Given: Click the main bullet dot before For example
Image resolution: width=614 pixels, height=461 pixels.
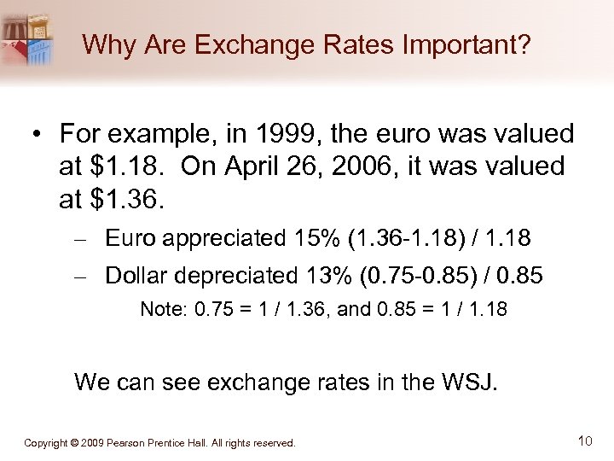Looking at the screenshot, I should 38,136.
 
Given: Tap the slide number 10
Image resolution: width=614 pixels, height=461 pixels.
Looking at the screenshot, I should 584,441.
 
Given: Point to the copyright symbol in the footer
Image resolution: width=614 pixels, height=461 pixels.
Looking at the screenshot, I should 75,443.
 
